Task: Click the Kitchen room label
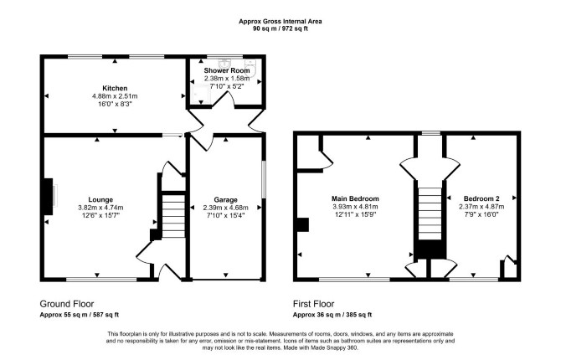coord(115,88)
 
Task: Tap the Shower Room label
coord(227,70)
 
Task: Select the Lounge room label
coord(100,200)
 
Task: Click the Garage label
coord(225,200)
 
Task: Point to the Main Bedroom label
coord(355,198)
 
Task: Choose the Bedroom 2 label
coord(481,198)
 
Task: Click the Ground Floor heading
coord(67,304)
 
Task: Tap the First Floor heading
coord(313,304)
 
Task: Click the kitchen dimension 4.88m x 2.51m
coord(115,96)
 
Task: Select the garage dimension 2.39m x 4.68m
coord(225,208)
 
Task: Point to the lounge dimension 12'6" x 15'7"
coord(100,215)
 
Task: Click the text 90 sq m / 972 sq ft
coord(280,29)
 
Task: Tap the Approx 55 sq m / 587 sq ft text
coord(79,315)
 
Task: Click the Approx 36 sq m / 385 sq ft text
coord(332,315)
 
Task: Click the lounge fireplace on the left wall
coord(49,197)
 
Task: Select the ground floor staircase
coord(173,216)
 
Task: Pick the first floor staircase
coord(430,213)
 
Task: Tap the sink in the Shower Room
coord(225,63)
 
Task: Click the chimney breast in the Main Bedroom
coord(302,224)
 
